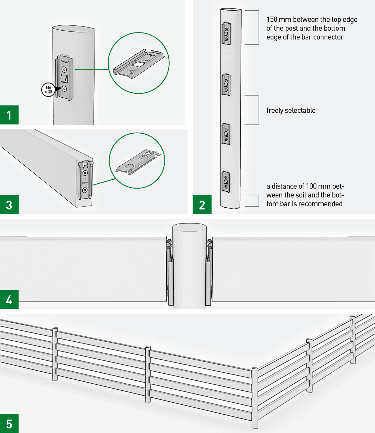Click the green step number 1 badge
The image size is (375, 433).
9,115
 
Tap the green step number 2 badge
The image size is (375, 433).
202,205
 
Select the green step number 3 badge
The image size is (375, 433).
9,205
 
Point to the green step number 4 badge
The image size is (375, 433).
9,300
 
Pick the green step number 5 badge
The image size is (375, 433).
9,423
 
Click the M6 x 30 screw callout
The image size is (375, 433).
47,89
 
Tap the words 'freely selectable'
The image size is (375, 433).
291,110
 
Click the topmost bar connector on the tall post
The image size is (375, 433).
226,34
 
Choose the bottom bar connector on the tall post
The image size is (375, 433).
226,182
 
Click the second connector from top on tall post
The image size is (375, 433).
226,85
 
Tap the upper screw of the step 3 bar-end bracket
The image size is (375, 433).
85,173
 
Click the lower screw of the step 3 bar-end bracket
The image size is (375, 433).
85,190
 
